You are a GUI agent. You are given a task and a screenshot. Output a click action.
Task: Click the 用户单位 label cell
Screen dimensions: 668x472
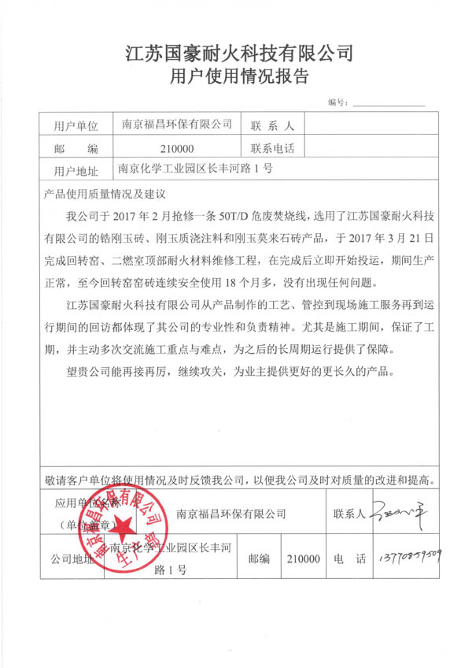coord(76,125)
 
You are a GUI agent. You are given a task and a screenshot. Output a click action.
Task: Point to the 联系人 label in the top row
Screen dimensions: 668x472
coord(271,125)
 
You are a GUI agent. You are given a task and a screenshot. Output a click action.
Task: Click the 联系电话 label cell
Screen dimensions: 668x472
coord(271,147)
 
